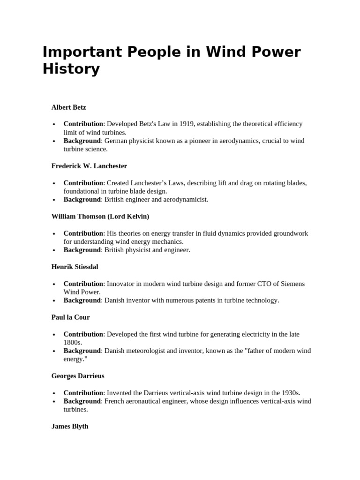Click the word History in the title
click(x=71, y=69)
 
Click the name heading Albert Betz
click(x=68, y=107)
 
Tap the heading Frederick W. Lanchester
click(x=89, y=166)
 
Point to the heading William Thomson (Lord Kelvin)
click(x=100, y=217)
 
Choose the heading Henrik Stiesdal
click(x=75, y=267)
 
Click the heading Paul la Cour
click(x=70, y=317)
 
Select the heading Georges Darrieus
click(x=78, y=376)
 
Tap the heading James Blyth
click(x=69, y=427)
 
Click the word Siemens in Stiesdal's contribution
click(x=292, y=284)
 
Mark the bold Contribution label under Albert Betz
click(x=83, y=124)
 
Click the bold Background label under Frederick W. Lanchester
click(x=82, y=199)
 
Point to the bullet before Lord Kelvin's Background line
click(x=54, y=250)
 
